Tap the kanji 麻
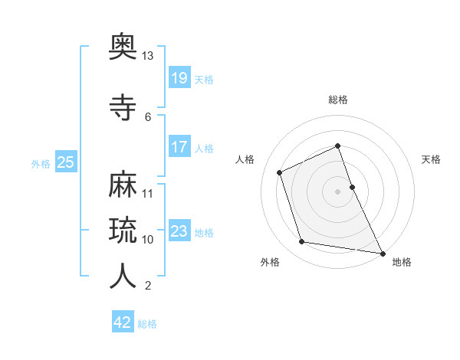[123, 184]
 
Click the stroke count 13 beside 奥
[148, 56]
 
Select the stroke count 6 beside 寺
[148, 116]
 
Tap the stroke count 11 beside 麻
[148, 193]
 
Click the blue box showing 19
[179, 77]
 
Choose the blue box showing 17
[179, 146]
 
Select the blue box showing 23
[179, 231]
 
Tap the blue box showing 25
[65, 162]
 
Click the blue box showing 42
[122, 322]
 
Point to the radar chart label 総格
[337, 100]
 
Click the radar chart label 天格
[432, 159]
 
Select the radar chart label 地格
[402, 262]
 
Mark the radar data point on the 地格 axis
[381, 253]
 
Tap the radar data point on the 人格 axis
[280, 172]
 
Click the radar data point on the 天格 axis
[352, 186]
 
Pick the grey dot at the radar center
[337, 191]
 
